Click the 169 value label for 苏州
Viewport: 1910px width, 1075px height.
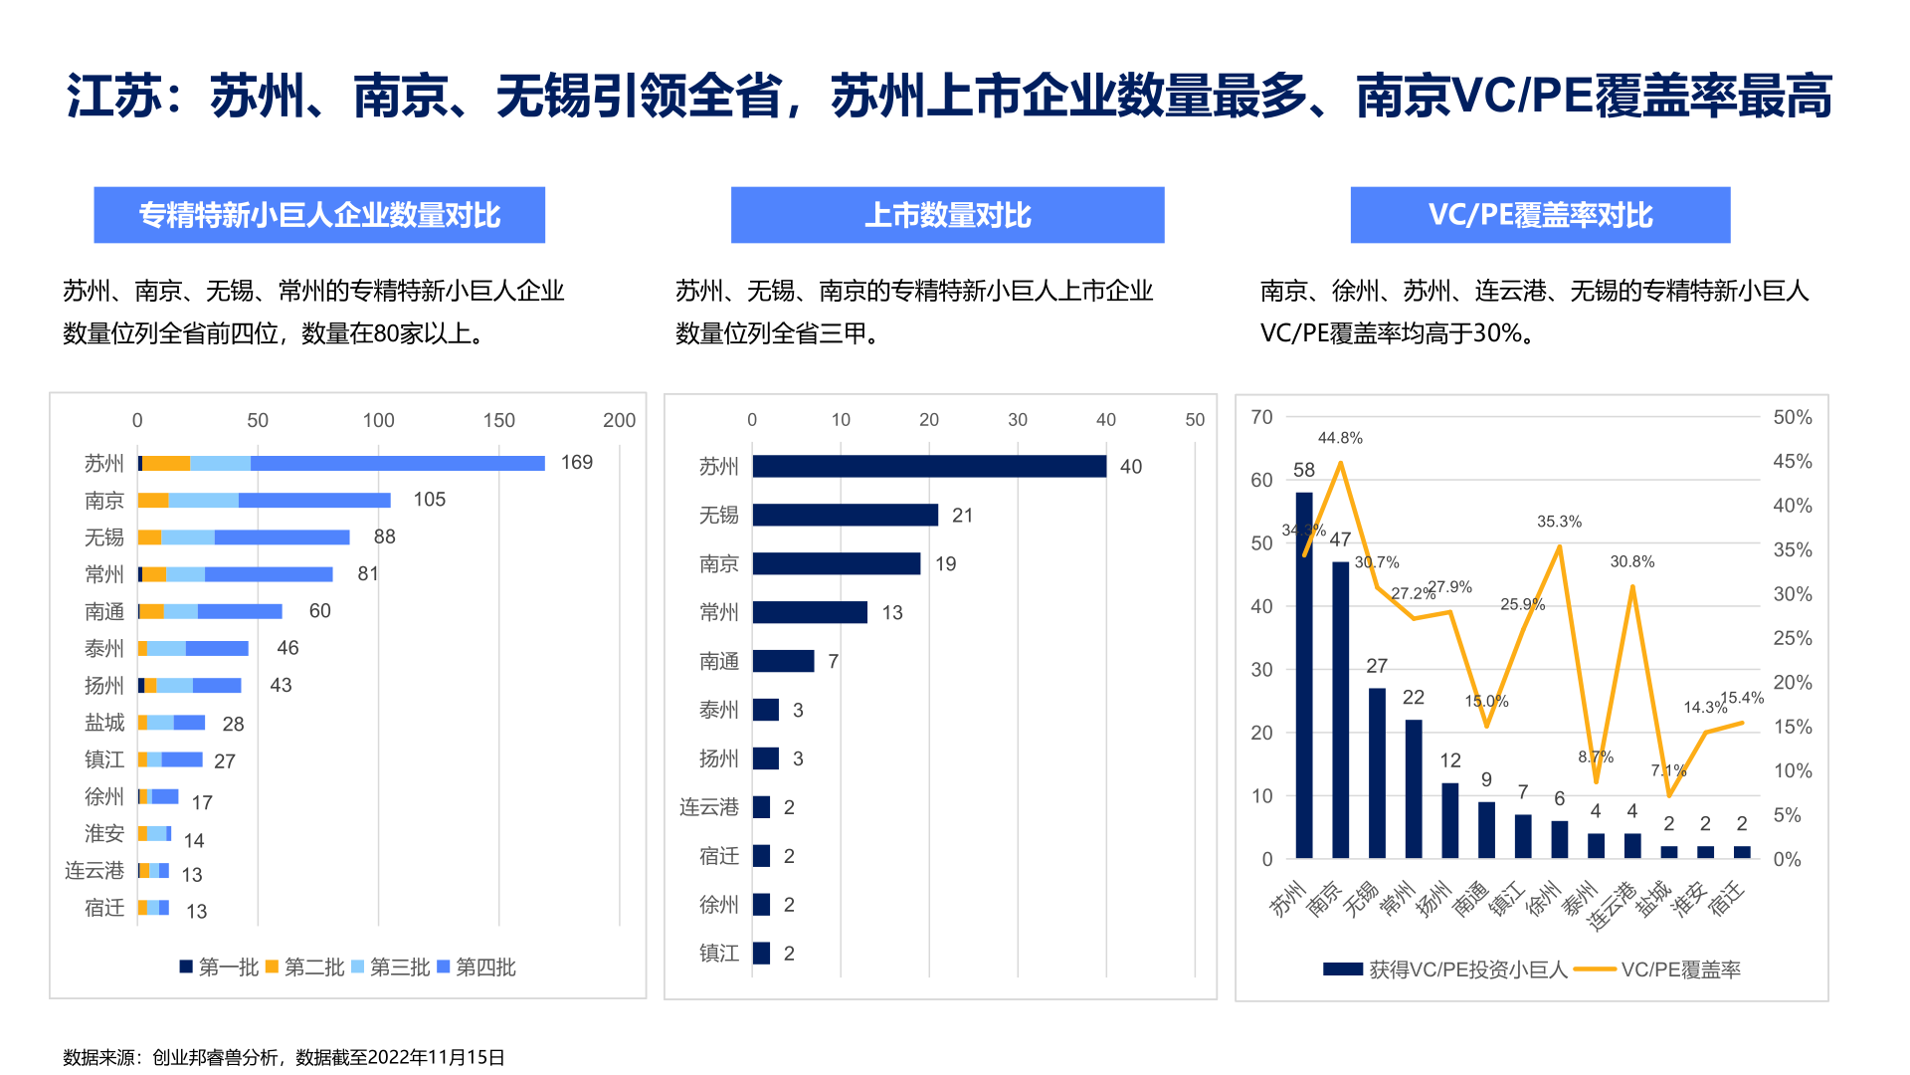click(x=576, y=463)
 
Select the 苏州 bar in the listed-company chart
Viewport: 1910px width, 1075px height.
click(x=928, y=466)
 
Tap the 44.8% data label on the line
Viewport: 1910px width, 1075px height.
click(x=1340, y=438)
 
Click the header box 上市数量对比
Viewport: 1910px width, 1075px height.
click(x=947, y=215)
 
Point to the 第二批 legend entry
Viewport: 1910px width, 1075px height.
click(x=305, y=967)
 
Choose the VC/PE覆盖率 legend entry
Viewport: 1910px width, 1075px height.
click(x=1659, y=969)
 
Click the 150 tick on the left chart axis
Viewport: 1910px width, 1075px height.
click(x=498, y=420)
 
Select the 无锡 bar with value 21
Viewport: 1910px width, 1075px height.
click(x=845, y=515)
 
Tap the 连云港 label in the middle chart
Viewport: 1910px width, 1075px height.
click(x=709, y=807)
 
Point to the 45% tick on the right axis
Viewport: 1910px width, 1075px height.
click(x=1792, y=462)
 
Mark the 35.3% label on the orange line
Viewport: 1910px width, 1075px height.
click(x=1559, y=522)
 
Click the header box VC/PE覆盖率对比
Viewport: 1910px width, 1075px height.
click(x=1540, y=215)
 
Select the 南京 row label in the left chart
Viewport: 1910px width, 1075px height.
click(x=104, y=501)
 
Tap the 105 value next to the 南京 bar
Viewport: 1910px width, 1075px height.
click(x=429, y=500)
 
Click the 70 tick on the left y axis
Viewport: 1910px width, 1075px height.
click(x=1261, y=417)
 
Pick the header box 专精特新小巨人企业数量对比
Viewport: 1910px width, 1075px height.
click(x=319, y=215)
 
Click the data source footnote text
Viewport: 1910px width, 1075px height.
click(x=284, y=1057)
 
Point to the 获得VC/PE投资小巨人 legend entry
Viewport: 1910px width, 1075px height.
click(x=1446, y=969)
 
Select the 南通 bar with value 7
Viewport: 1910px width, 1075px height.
click(x=783, y=661)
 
